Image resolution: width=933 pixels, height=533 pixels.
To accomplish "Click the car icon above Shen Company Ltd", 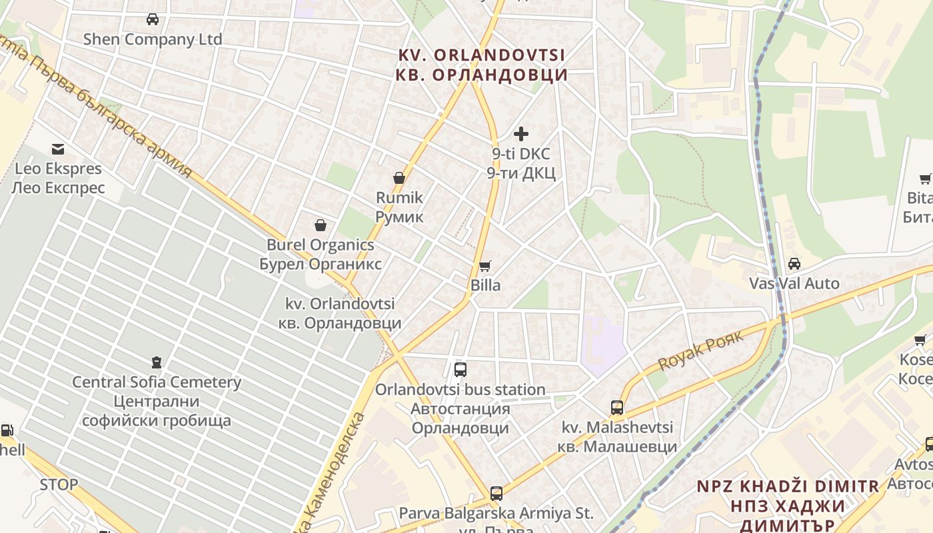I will (153, 19).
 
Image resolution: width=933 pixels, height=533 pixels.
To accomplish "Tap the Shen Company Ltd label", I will (153, 39).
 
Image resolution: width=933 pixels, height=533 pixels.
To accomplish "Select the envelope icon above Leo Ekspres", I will (58, 149).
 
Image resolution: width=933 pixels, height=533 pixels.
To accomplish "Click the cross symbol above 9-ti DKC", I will (521, 134).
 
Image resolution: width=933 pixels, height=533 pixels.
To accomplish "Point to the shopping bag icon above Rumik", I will (399, 178).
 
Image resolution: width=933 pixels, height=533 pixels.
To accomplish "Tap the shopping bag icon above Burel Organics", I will (321, 225).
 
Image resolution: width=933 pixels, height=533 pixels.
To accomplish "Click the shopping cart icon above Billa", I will (485, 266).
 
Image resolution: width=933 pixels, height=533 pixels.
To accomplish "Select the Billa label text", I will (485, 285).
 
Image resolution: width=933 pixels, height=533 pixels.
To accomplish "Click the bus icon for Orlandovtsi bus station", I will (460, 370).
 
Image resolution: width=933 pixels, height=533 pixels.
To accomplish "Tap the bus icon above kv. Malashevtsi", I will (617, 407).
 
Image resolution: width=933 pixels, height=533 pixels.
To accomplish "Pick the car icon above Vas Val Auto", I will (794, 264).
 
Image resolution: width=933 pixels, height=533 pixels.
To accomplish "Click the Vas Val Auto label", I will (794, 283).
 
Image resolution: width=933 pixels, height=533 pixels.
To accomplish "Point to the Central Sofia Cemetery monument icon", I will (157, 362).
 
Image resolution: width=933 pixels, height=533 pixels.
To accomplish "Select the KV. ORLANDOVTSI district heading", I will (481, 55).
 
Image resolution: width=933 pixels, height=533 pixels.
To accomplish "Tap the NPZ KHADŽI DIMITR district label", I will (788, 486).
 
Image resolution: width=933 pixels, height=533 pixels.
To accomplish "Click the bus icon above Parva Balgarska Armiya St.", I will (496, 494).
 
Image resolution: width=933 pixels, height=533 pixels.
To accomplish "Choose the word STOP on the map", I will (59, 484).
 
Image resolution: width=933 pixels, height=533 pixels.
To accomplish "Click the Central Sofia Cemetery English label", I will (157, 382).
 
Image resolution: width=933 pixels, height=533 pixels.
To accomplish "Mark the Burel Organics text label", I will (321, 245).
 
